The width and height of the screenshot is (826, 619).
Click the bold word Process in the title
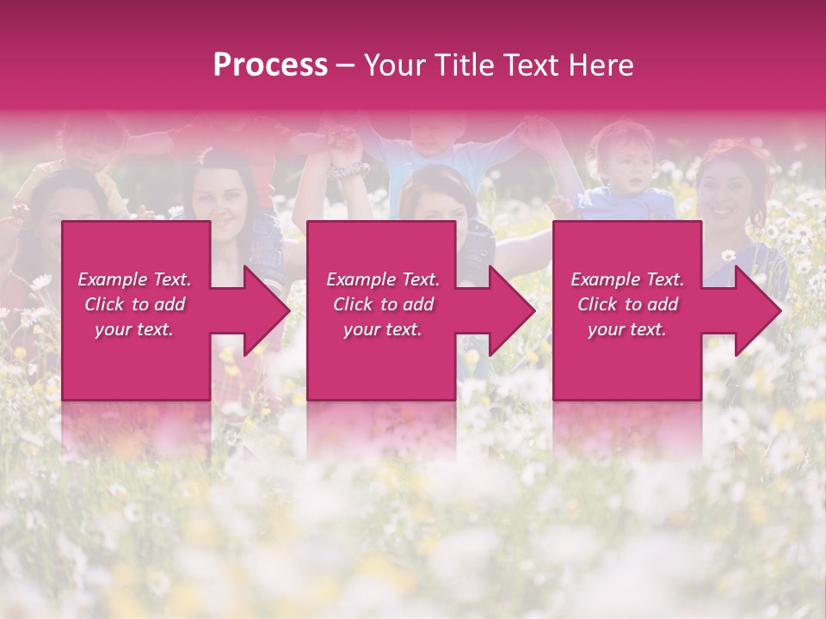pos(270,65)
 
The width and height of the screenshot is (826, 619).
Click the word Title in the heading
pos(465,65)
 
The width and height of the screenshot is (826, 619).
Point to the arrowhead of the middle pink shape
pos(510,310)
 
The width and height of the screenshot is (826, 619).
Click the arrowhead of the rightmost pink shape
pos(756,310)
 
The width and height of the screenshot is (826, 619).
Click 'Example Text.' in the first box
pos(134,279)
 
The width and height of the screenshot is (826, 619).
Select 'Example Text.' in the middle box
pos(383,279)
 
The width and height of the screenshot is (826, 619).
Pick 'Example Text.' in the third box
pos(627,279)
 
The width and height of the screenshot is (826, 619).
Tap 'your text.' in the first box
pos(134,329)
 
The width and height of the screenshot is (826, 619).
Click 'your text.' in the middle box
pos(383,329)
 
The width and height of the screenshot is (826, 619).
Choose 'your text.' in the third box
pos(627,329)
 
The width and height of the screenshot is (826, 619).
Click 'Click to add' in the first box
pos(134,304)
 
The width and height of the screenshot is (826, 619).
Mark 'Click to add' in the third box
pos(627,304)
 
